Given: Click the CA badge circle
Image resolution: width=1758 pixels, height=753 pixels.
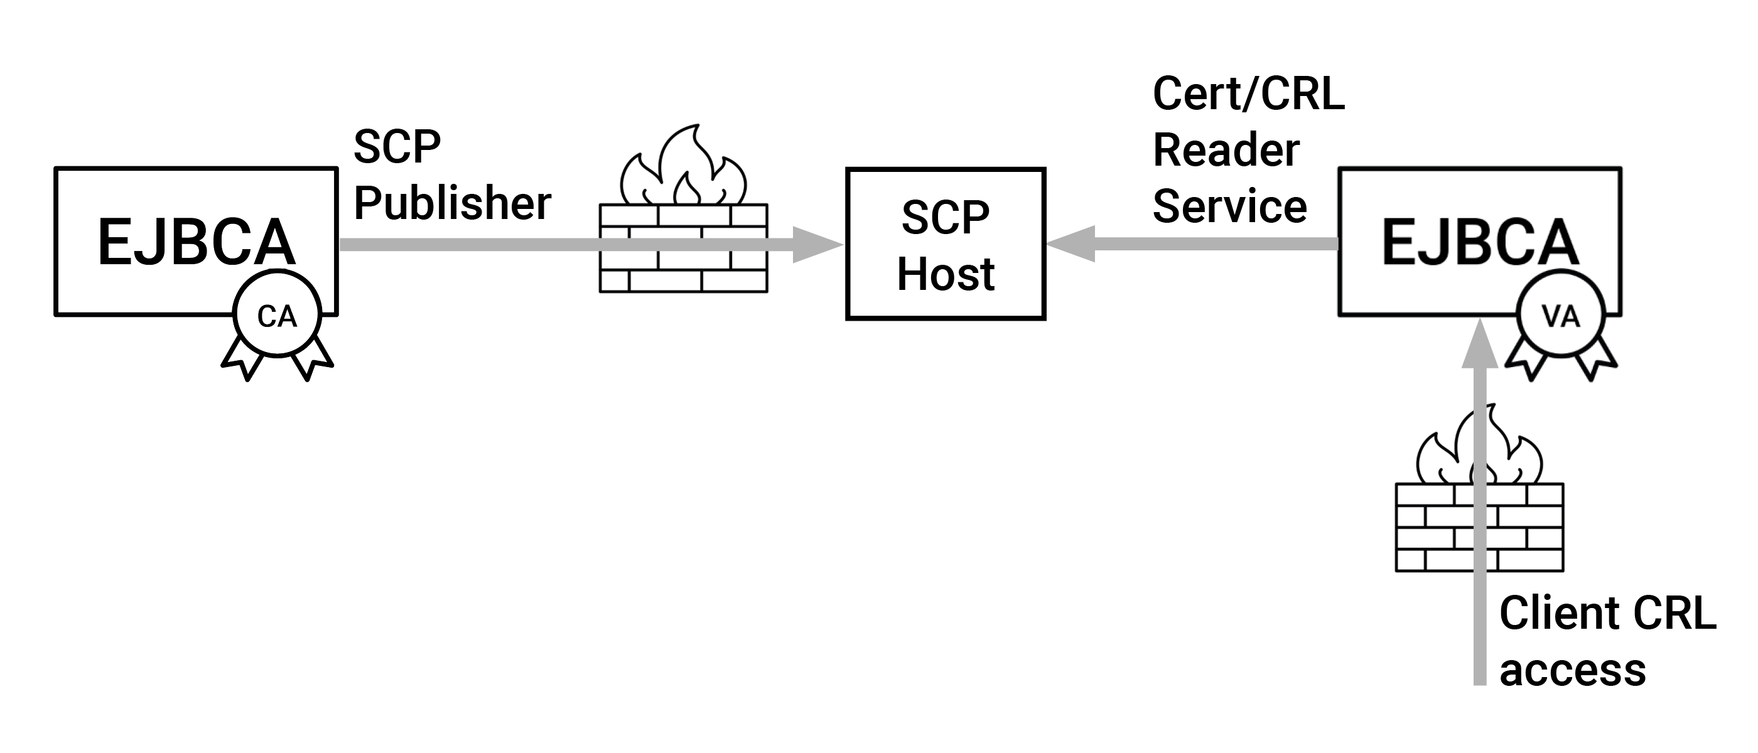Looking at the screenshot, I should (x=276, y=314).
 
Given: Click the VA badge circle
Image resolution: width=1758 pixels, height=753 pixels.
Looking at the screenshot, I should (x=1561, y=314).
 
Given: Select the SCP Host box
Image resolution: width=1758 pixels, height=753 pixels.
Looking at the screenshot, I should (x=945, y=243).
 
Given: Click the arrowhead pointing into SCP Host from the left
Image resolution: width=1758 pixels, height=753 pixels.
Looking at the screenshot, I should (x=817, y=244).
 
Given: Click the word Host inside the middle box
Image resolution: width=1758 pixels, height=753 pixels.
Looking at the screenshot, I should (x=945, y=274).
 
